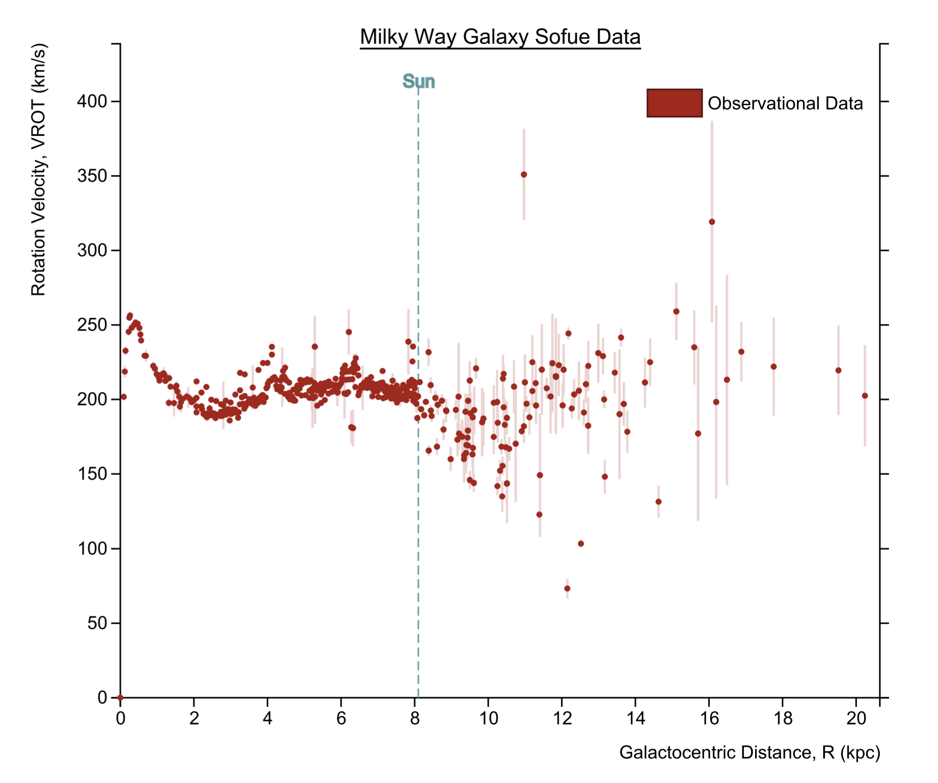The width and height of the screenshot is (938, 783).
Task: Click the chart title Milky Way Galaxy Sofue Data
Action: point(500,37)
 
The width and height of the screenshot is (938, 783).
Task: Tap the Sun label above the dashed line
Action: point(419,81)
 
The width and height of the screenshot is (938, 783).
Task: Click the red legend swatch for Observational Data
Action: point(675,103)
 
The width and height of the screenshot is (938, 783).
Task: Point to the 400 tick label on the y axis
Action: point(92,101)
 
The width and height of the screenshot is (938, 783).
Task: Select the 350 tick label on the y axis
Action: point(92,176)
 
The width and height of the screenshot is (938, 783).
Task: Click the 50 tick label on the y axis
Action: point(97,623)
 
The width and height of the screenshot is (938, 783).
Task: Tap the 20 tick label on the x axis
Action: point(856,718)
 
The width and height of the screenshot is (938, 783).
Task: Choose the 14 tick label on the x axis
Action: point(635,718)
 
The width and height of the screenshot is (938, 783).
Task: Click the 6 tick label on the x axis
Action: point(341,718)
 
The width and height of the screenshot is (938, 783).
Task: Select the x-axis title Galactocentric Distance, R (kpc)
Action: point(749,753)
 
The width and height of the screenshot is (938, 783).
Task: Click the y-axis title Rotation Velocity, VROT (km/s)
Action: point(38,170)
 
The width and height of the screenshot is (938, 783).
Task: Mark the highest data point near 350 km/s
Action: point(524,175)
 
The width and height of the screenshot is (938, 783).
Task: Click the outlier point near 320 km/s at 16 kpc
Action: point(712,222)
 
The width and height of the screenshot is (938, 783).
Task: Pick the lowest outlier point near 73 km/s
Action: point(567,588)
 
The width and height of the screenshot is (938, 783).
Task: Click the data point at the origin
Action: point(120,698)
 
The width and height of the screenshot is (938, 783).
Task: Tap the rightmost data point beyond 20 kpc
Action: point(865,396)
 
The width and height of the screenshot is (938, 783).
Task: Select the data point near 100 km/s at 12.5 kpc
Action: point(581,544)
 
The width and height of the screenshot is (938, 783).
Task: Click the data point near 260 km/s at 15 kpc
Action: point(676,312)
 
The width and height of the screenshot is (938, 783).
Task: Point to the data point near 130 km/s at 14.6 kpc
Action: point(659,502)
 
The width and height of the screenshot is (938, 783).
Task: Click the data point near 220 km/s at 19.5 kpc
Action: point(838,370)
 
